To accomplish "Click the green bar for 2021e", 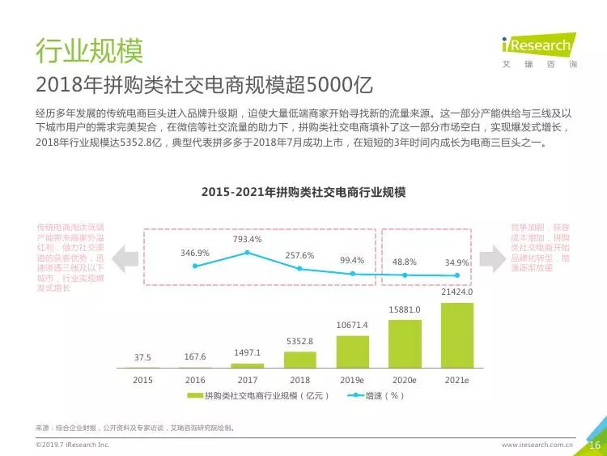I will tap(457, 335).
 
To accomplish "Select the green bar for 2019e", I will tap(352, 352).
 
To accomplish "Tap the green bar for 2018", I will tap(299, 360).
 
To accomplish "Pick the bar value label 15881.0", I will tap(405, 309).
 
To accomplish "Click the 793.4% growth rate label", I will tap(247, 239).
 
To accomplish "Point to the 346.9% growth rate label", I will tap(195, 253).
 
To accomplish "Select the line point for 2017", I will tap(247, 253).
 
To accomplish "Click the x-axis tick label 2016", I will tap(195, 379).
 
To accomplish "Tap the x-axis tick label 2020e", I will tap(405, 379).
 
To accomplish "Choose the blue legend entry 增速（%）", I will tap(376, 396).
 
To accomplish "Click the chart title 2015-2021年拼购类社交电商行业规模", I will tap(303, 193).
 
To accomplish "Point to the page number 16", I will tap(593, 445).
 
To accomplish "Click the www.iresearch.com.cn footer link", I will tap(537, 445).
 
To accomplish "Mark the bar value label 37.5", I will tap(142, 357).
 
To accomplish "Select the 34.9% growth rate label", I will tap(457, 262).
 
